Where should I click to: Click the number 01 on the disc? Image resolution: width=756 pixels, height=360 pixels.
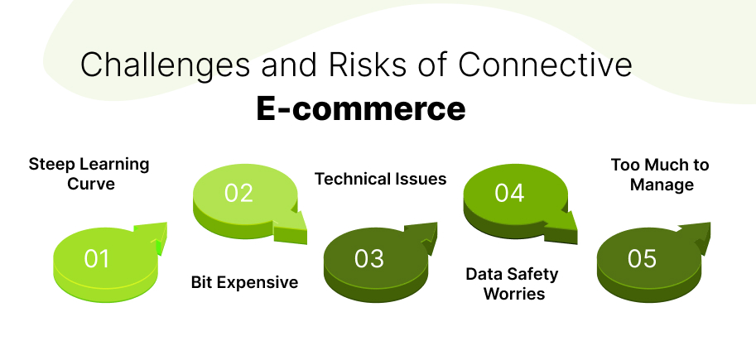[97, 259]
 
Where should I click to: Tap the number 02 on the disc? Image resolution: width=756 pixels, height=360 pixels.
[238, 193]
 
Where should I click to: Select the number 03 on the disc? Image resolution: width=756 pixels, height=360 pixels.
[369, 259]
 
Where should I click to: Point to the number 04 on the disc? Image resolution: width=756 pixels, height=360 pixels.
[509, 193]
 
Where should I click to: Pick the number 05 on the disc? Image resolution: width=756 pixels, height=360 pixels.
[642, 259]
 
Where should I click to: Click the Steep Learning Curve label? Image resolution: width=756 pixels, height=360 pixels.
[89, 174]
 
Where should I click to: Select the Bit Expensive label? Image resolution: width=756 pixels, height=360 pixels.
[244, 282]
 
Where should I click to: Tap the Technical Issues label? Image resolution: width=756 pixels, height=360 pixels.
[381, 179]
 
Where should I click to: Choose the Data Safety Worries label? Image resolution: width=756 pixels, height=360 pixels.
[512, 283]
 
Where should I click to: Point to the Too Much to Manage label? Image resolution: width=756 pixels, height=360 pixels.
[660, 174]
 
